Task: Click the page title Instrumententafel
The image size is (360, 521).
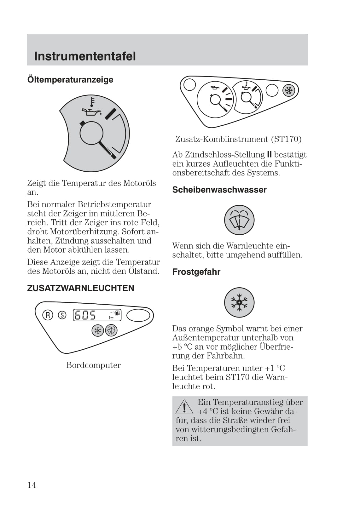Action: (85, 56)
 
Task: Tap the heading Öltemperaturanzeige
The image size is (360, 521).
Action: (70, 79)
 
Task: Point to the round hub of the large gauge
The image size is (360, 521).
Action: (91, 133)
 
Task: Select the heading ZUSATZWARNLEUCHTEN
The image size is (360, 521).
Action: (80, 288)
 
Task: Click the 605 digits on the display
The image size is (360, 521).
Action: (85, 315)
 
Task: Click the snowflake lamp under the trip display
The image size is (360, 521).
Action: (98, 330)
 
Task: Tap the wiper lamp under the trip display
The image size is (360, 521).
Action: (111, 330)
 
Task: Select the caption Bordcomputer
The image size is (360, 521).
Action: (93, 365)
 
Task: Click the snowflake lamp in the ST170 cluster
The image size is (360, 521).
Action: (288, 90)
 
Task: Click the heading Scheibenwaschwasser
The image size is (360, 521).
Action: (219, 190)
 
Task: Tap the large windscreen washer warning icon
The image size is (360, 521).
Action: (239, 220)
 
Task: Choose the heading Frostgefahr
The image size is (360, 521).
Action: (196, 272)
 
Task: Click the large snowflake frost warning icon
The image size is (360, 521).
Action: (239, 302)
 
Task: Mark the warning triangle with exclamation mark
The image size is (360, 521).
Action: (184, 407)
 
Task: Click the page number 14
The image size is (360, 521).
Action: (32, 485)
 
